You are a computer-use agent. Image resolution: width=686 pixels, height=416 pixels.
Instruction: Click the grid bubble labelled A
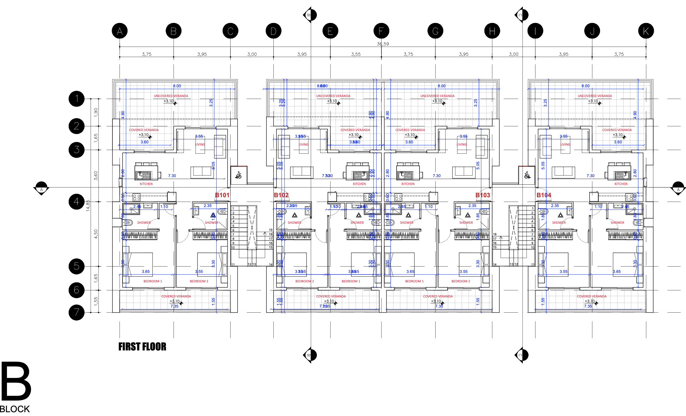[x=120, y=31]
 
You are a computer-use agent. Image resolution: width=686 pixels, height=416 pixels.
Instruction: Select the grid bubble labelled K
[x=646, y=31]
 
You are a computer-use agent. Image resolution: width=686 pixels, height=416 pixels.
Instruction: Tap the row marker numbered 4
[x=77, y=201]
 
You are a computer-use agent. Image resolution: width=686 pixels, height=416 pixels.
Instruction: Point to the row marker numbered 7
[x=77, y=312]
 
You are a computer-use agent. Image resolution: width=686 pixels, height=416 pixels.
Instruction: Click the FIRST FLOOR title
[x=142, y=347]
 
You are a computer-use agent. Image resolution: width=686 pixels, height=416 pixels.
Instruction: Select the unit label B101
[x=222, y=195]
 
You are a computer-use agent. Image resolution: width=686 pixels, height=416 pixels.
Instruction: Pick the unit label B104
[x=544, y=195]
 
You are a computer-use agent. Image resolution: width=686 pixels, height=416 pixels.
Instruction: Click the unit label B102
[x=281, y=195]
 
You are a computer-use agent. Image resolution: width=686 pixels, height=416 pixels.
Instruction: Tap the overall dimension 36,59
[x=383, y=44]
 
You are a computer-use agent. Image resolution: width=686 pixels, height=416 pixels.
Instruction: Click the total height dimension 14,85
[x=88, y=205]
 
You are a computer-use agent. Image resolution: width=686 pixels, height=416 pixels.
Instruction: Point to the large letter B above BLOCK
[x=16, y=381]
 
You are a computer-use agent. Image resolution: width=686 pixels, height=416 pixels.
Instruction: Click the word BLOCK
[x=15, y=409]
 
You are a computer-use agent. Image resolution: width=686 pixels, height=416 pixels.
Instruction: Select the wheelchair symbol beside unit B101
[x=239, y=175]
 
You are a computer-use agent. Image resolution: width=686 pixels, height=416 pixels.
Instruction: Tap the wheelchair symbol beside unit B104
[x=527, y=175]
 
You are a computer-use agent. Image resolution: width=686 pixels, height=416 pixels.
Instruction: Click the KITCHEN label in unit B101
[x=146, y=184]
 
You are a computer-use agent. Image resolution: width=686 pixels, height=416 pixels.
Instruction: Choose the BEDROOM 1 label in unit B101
[x=153, y=281]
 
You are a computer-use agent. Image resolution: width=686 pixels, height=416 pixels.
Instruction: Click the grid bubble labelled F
[x=381, y=31]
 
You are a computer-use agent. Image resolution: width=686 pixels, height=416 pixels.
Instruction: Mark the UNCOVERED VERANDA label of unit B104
[x=595, y=96]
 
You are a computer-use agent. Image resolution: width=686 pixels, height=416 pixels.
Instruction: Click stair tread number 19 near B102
[x=271, y=230]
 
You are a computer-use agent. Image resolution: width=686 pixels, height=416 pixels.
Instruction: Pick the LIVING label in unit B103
[x=462, y=144]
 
